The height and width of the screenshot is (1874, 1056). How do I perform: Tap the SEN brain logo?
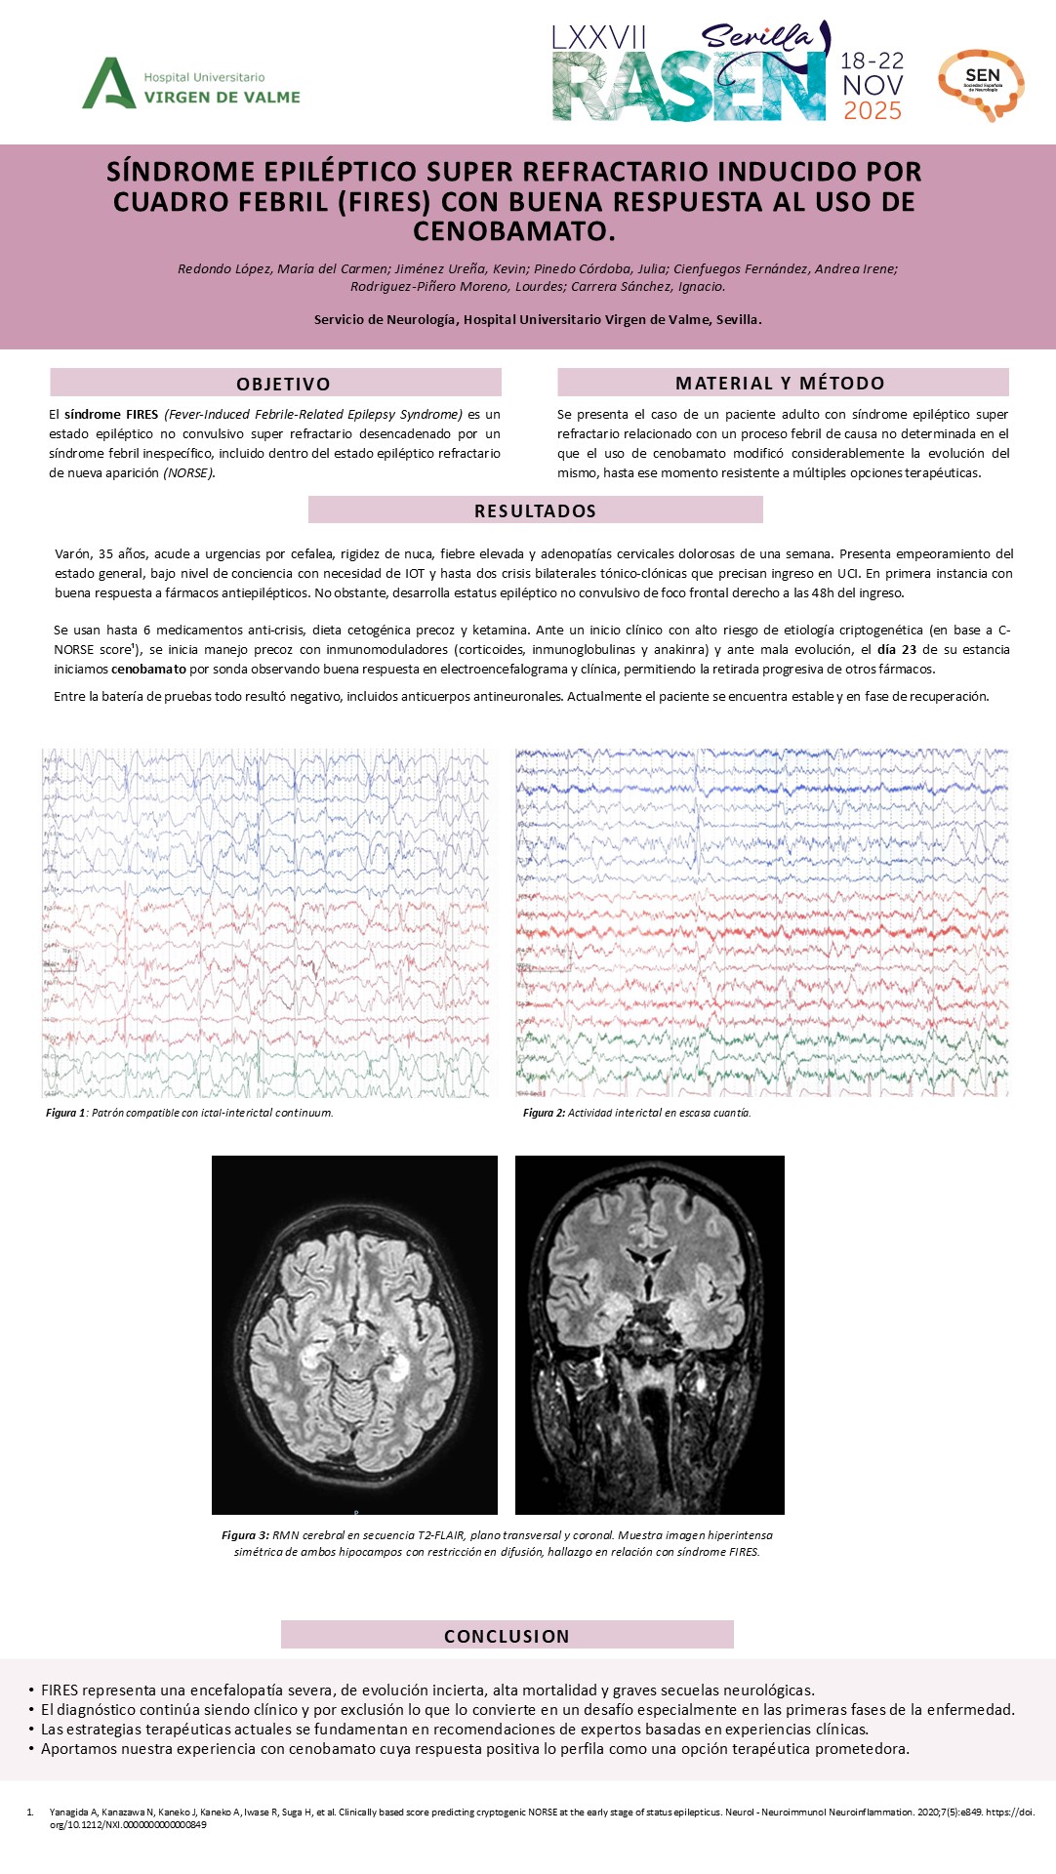[982, 85]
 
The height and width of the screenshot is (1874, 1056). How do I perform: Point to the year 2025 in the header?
[873, 111]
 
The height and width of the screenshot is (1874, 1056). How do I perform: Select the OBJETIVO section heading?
[283, 384]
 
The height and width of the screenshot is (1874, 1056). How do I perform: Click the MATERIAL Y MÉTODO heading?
[780, 383]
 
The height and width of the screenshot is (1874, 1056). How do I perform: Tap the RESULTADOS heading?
[535, 510]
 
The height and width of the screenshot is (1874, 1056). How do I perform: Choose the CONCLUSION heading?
[507, 1636]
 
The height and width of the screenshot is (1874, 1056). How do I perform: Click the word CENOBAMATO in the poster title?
[514, 231]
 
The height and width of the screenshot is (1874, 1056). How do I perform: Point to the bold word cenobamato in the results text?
[148, 670]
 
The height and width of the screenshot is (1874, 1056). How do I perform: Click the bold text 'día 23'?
[897, 650]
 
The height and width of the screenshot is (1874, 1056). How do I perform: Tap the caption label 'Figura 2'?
[544, 1113]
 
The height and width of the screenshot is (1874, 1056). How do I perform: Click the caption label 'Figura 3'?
[244, 1535]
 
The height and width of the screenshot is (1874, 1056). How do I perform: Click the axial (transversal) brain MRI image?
[354, 1334]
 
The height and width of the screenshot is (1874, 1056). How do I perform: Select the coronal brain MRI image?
[649, 1334]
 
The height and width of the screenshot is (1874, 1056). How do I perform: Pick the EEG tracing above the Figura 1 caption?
[265, 922]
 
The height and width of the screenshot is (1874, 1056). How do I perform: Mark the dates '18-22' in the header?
[873, 61]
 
